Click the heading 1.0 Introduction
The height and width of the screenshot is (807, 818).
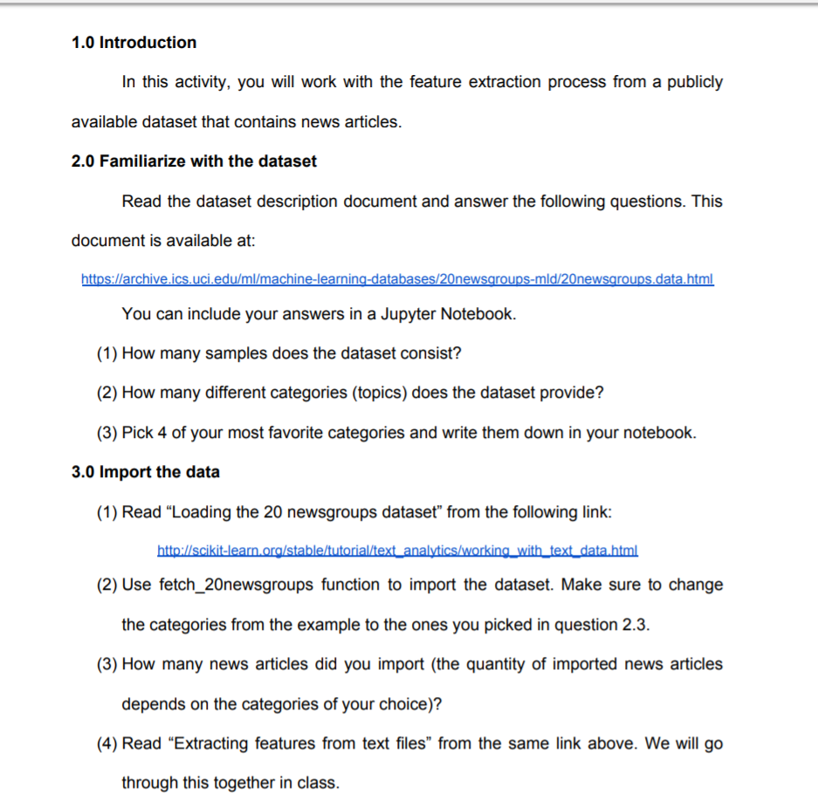134,42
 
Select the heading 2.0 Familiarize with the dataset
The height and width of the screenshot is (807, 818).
194,161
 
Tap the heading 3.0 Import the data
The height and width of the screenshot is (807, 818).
145,472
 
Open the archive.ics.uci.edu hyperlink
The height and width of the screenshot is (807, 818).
397,279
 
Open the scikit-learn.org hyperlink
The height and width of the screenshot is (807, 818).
397,551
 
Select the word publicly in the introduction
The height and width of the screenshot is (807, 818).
695,82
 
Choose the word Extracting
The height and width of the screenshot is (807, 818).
209,743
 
